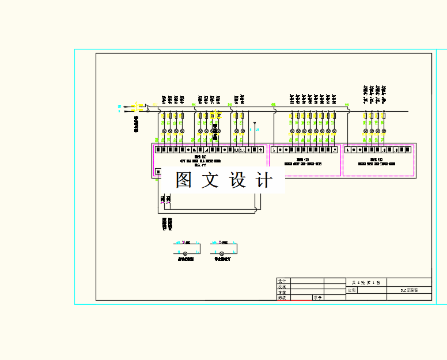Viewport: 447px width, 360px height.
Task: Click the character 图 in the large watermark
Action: coord(184,180)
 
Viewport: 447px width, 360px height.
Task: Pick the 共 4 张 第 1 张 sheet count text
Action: coord(366,282)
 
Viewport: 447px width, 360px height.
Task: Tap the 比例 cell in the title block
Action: coord(353,291)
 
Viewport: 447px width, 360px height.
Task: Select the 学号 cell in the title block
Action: coord(317,298)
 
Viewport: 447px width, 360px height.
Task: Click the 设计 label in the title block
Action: coord(282,281)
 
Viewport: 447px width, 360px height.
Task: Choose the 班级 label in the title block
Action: coord(282,298)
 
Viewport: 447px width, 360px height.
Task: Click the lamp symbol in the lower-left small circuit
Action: coord(185,253)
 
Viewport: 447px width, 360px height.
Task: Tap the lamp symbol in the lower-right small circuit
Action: coord(222,253)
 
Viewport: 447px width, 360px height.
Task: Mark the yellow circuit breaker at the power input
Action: coord(137,108)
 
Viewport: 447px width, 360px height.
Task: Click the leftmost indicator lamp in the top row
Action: coord(164,131)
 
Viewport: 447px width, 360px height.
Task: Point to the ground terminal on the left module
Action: coord(260,150)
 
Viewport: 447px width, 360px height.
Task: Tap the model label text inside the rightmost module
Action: coord(377,164)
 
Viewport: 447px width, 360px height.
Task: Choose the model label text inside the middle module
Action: coord(303,164)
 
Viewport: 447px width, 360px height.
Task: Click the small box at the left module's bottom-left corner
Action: coord(158,171)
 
